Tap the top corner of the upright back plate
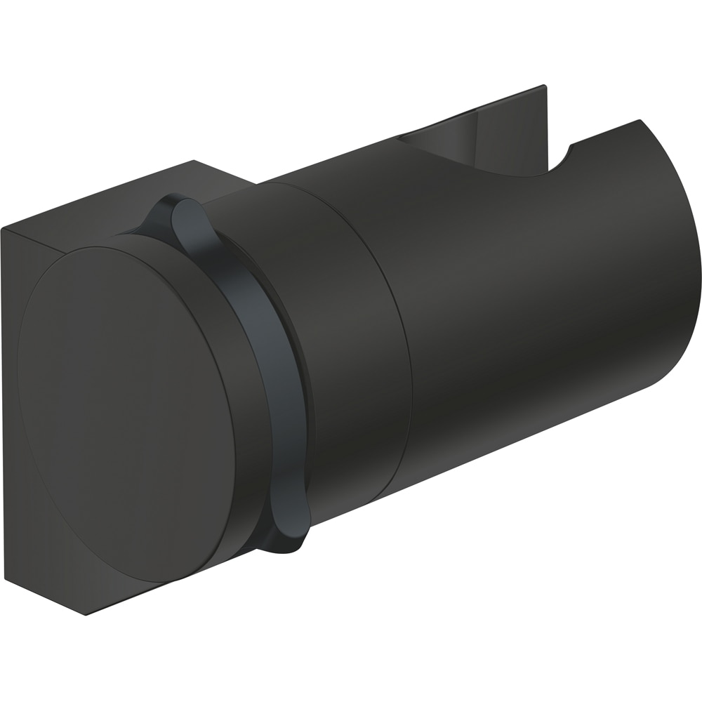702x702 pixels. coord(545,87)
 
